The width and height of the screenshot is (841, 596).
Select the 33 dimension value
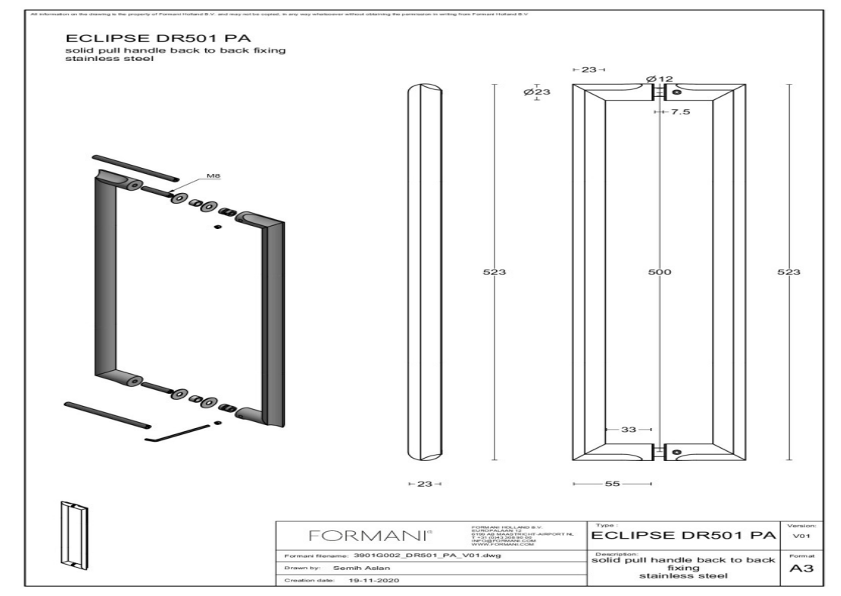tap(628, 430)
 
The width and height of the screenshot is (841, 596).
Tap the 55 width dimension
tap(611, 484)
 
